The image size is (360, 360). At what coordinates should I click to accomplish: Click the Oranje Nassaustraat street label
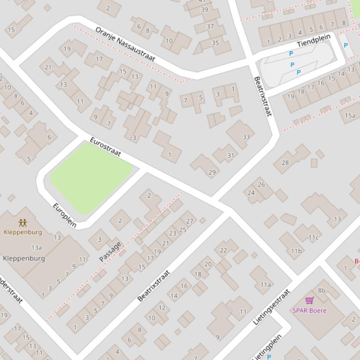click(x=125, y=44)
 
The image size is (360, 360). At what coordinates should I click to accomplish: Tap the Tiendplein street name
click(x=314, y=41)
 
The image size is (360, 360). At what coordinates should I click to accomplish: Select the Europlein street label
click(x=65, y=215)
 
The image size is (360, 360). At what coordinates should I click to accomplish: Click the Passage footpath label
click(x=110, y=252)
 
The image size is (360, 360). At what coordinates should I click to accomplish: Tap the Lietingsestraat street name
click(x=272, y=307)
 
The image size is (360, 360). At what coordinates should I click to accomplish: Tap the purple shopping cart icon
click(x=309, y=301)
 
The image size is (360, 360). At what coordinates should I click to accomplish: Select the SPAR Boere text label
click(x=309, y=310)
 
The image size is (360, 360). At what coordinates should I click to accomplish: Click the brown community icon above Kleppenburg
click(x=22, y=223)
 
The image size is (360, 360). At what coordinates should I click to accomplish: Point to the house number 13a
click(x=37, y=248)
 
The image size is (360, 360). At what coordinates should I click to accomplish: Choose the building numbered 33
click(x=246, y=137)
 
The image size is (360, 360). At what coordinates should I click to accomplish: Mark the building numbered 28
click(x=285, y=163)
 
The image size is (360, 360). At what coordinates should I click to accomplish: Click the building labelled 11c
click(x=313, y=238)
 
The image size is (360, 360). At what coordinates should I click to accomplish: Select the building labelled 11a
click(x=265, y=284)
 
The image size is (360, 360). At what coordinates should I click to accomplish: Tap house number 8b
click(x=322, y=290)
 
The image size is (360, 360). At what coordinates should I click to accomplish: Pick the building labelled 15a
click(x=350, y=115)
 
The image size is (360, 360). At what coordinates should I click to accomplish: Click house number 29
click(x=212, y=172)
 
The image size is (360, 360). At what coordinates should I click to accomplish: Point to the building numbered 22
click(x=223, y=250)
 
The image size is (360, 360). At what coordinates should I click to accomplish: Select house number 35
click(x=215, y=43)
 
